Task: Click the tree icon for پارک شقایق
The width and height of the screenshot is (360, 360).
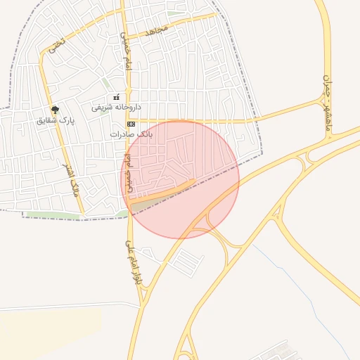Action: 56,109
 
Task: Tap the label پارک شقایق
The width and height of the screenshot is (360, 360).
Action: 56,121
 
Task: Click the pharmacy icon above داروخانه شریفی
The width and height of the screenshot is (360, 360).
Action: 117,97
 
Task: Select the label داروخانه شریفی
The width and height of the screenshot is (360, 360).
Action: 117,108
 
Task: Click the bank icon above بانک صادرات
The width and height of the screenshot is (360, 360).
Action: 131,123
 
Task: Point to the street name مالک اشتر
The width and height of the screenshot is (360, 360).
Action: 76,179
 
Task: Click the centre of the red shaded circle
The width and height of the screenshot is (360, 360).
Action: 181,179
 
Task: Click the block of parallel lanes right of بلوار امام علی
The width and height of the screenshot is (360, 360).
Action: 186,262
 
